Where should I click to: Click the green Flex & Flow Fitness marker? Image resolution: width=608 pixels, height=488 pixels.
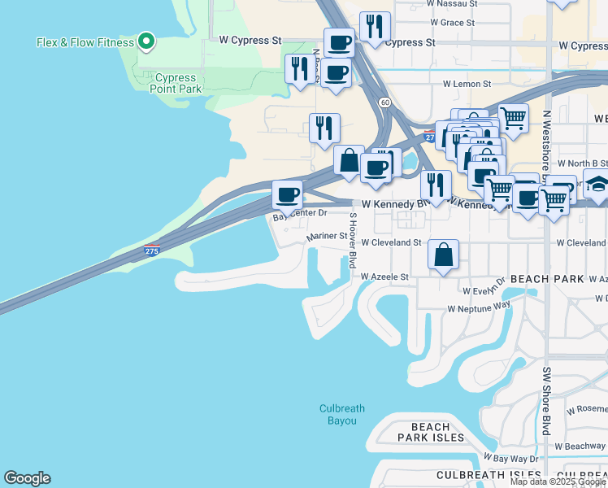coord(145,41)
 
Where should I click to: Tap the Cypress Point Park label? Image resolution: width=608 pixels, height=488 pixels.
coord(176,84)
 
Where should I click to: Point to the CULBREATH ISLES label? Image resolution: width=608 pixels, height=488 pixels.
coord(489,474)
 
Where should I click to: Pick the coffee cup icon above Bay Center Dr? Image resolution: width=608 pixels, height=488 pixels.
coord(287,195)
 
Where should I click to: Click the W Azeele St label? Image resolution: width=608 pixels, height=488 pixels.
coord(384,277)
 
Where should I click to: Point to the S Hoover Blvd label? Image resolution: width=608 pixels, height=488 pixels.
coord(353,240)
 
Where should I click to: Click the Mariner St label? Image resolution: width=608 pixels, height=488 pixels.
coord(327,237)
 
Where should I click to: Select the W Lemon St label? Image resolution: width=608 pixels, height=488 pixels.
coord(467,84)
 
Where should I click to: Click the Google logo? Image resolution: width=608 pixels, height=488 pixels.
coord(27,478)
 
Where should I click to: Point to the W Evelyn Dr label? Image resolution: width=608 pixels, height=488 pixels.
coord(483,290)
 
